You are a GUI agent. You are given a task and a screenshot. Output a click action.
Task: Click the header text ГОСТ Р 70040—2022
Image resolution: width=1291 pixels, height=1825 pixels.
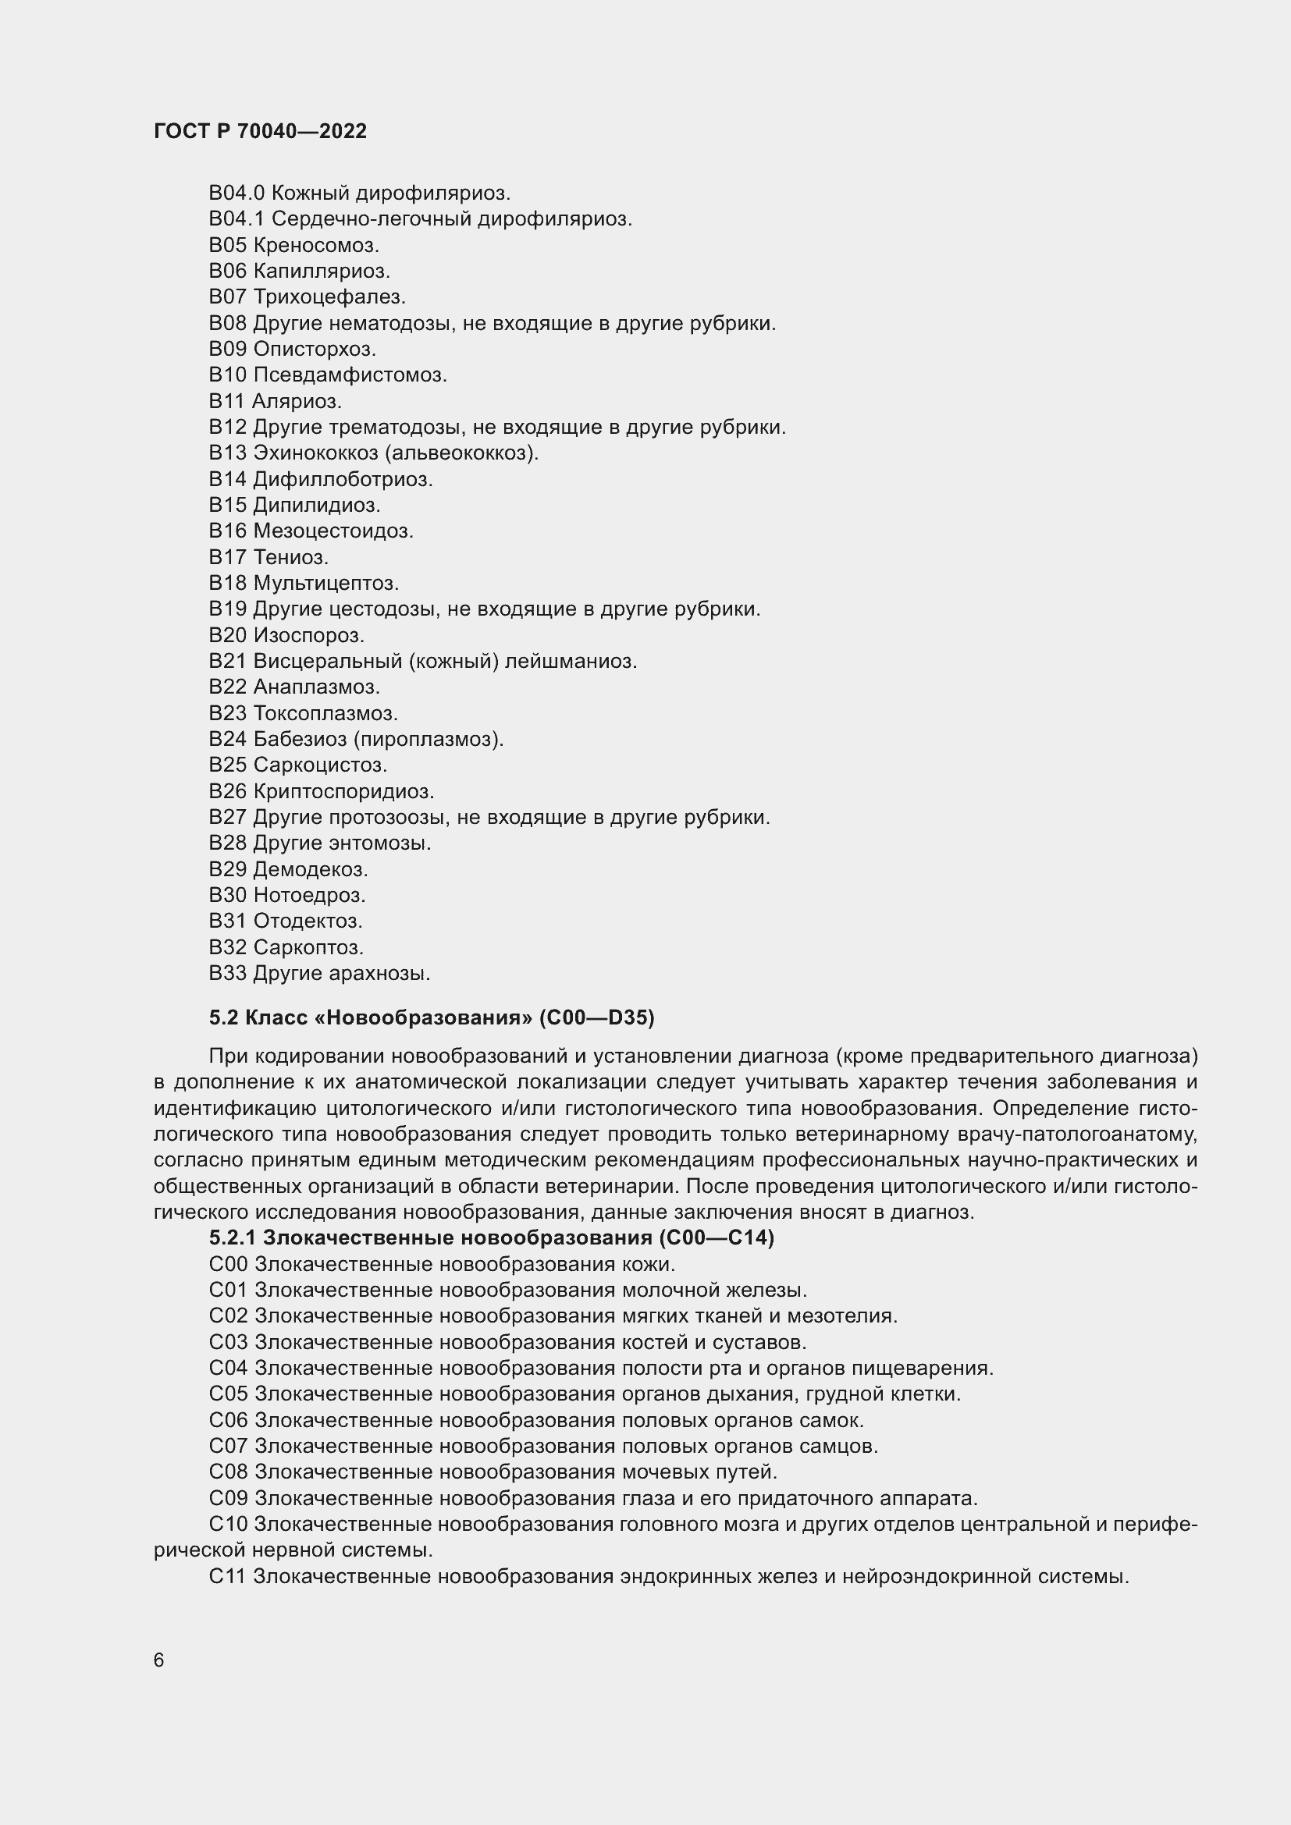click(x=260, y=131)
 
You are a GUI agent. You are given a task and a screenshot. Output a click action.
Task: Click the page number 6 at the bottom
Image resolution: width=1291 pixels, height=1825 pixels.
click(x=159, y=1660)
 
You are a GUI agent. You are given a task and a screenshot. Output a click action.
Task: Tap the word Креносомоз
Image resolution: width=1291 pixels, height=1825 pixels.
click(x=315, y=245)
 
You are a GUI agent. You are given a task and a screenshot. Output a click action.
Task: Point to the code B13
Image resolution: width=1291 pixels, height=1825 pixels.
click(x=227, y=453)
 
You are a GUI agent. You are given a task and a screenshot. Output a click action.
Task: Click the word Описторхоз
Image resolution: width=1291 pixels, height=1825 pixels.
click(x=314, y=349)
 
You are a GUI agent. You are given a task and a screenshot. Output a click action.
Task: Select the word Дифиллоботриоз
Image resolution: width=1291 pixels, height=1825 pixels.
click(x=343, y=479)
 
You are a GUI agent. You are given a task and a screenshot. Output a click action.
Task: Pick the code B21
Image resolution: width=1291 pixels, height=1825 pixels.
click(x=227, y=662)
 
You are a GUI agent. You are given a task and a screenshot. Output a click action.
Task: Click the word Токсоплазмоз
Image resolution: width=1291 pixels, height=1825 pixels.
click(x=325, y=713)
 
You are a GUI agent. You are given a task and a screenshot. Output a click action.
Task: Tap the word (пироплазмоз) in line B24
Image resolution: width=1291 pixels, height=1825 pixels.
click(x=429, y=739)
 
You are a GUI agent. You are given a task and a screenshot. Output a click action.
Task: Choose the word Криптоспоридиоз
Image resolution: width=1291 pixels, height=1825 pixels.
click(x=343, y=792)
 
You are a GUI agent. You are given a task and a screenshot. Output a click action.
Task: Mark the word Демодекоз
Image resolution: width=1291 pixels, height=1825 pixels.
click(x=310, y=869)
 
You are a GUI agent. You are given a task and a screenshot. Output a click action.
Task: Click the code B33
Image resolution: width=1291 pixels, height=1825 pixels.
click(x=227, y=973)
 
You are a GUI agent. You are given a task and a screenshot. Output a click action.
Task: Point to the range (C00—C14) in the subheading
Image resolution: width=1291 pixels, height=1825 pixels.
click(x=717, y=1237)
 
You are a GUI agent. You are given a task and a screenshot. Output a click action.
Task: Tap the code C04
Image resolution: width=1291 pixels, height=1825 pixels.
click(x=228, y=1368)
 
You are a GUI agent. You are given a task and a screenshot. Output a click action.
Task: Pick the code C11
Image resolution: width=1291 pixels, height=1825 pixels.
click(x=227, y=1576)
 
